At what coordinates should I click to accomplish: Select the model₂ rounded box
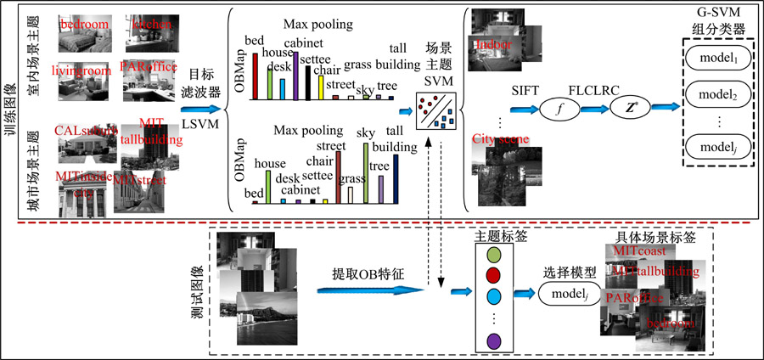(716, 93)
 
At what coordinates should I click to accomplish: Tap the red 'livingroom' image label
(81, 71)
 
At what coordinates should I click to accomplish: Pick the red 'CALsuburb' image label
(82, 132)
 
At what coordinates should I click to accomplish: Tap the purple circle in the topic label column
(493, 340)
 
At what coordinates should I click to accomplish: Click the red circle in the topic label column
(493, 274)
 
